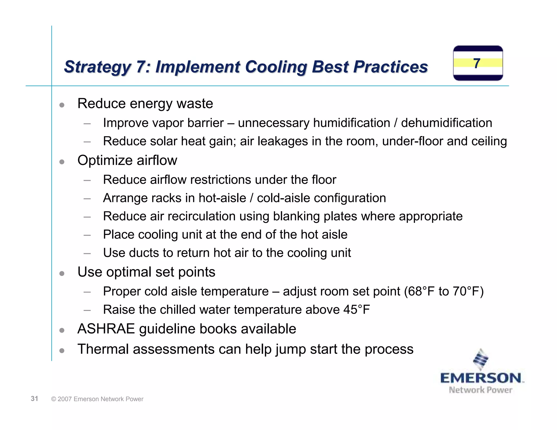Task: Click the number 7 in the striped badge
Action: click(x=476, y=63)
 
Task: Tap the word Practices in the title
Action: click(x=391, y=67)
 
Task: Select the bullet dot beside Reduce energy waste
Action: click(x=62, y=105)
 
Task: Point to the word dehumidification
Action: click(x=447, y=123)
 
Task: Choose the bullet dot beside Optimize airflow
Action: click(x=62, y=162)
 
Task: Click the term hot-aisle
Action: click(x=222, y=198)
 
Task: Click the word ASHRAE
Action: click(x=106, y=329)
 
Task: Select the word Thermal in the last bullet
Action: click(x=103, y=349)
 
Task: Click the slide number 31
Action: click(x=34, y=399)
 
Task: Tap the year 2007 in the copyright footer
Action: click(x=65, y=399)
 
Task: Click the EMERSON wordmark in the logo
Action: click(x=481, y=378)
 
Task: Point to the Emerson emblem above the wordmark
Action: click(x=481, y=359)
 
